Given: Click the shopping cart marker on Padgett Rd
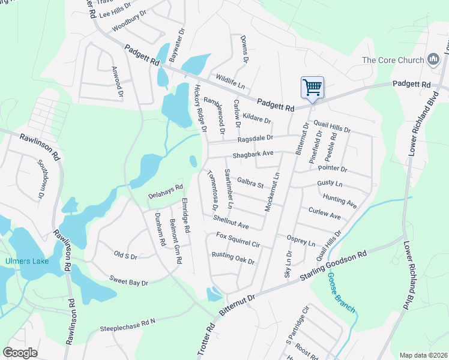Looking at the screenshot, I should [x=312, y=88].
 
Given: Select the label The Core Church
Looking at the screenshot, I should [x=393, y=60].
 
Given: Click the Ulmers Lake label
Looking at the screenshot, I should [x=24, y=261].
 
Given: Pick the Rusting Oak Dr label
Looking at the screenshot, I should [x=233, y=259].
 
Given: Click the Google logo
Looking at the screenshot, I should [x=20, y=353].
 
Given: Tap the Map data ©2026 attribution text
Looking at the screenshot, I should [x=423, y=355].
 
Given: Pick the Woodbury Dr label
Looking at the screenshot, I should [x=129, y=23].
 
